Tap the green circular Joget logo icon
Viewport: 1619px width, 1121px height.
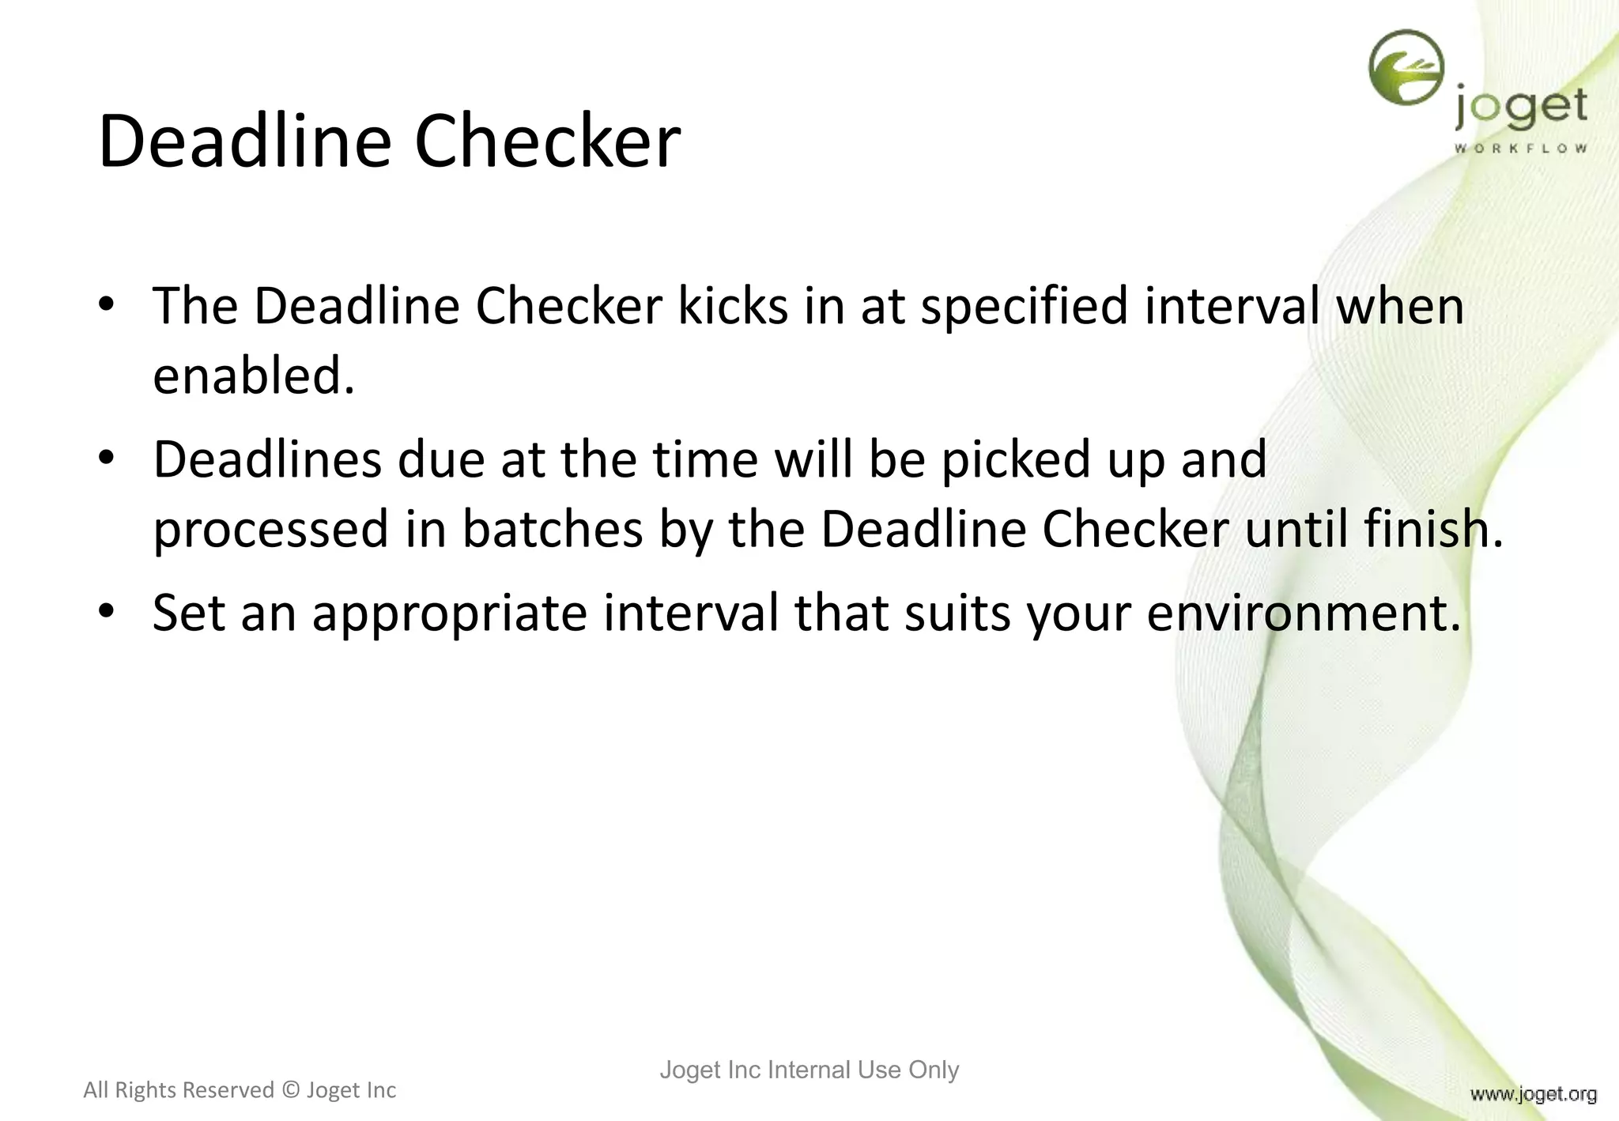point(1406,68)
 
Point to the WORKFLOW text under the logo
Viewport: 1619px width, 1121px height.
point(1521,148)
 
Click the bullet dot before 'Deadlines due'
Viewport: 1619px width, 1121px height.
point(107,458)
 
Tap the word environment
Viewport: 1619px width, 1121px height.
point(1303,613)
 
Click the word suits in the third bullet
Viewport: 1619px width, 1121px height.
point(957,613)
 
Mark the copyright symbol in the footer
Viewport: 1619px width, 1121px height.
point(291,1090)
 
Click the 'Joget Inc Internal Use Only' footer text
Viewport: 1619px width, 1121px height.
point(809,1070)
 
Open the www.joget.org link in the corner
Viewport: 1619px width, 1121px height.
point(1533,1094)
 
